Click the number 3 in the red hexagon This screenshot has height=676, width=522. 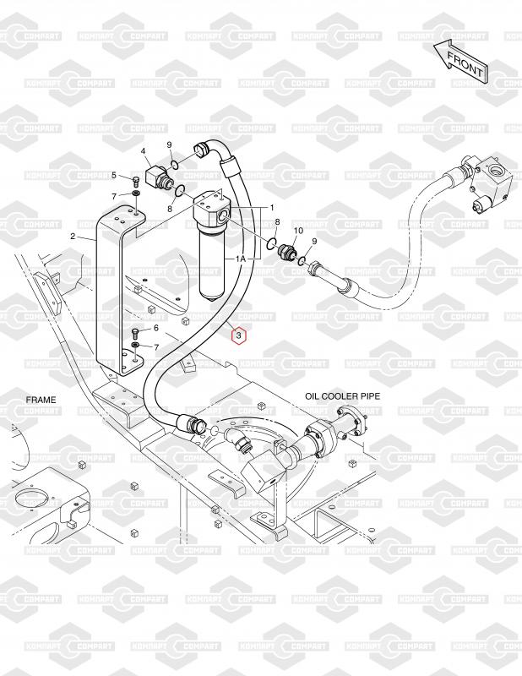click(x=239, y=336)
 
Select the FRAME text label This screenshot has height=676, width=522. click(x=41, y=398)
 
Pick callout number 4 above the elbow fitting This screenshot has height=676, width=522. click(x=144, y=152)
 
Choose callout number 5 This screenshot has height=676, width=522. click(x=114, y=175)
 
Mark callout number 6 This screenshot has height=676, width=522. click(x=155, y=328)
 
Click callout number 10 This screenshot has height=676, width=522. click(x=297, y=231)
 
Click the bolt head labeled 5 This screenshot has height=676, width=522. click(x=134, y=181)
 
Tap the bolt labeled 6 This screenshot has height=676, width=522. click(x=136, y=331)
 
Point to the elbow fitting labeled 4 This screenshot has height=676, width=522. click(x=155, y=177)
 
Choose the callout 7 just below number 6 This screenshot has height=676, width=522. click(x=155, y=347)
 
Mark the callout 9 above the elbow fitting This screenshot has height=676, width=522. click(x=169, y=145)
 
